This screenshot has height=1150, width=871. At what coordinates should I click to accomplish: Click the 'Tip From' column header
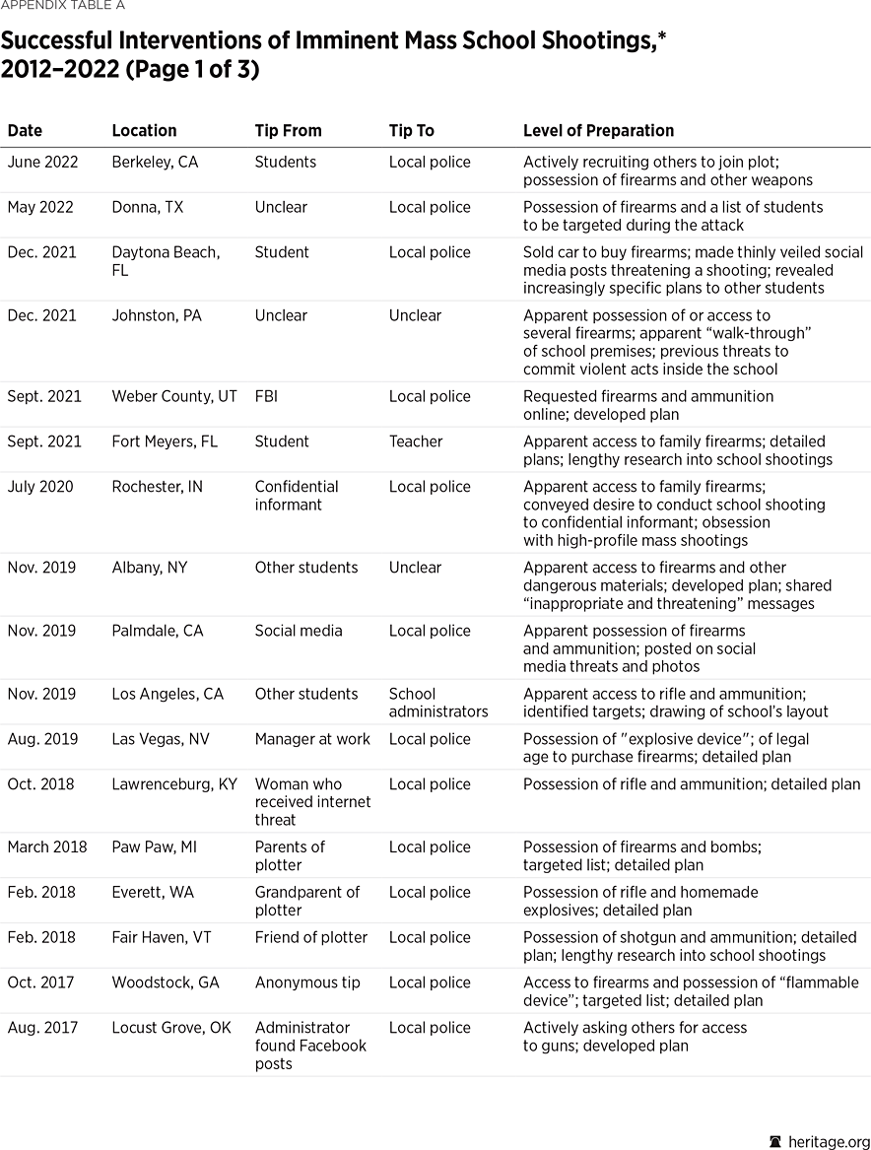click(x=288, y=130)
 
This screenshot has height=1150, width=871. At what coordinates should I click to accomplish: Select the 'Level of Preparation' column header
click(x=598, y=130)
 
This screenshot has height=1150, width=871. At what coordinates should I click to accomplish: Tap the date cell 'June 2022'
click(x=42, y=162)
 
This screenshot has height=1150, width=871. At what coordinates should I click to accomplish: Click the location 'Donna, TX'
click(x=147, y=207)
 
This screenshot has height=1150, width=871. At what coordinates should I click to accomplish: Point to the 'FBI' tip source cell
click(x=267, y=396)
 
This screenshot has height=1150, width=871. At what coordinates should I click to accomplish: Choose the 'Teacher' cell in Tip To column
click(x=416, y=441)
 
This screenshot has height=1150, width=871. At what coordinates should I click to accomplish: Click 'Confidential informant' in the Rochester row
click(x=296, y=496)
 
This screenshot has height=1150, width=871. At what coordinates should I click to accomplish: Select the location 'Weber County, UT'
click(x=174, y=396)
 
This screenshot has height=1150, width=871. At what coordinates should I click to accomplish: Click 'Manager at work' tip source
click(x=312, y=739)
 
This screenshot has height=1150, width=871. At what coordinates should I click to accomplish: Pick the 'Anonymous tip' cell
click(x=307, y=982)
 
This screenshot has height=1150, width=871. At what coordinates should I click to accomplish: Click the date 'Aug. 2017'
click(x=42, y=1028)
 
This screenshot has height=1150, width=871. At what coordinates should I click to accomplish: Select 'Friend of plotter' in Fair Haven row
click(x=310, y=937)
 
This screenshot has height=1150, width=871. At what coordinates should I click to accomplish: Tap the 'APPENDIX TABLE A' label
click(x=62, y=6)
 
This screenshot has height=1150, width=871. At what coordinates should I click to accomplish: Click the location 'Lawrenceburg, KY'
click(x=174, y=784)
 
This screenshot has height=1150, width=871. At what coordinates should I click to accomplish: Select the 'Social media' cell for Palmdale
click(x=299, y=631)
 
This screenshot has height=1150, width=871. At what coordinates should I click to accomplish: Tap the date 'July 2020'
click(x=39, y=487)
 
